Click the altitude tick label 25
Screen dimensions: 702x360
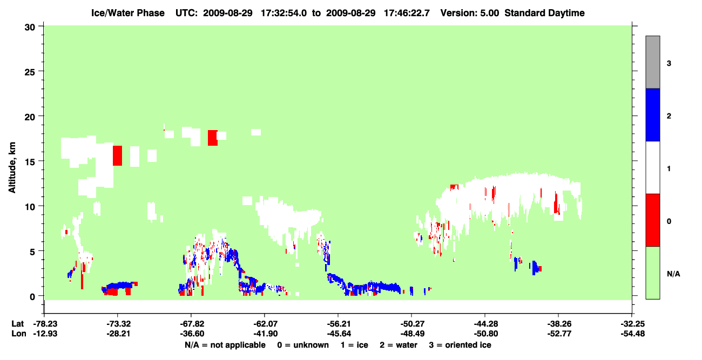pyautogui.click(x=30, y=72)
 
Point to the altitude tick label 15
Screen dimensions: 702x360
pyautogui.click(x=30, y=162)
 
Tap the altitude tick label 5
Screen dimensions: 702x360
pyautogui.click(x=32, y=252)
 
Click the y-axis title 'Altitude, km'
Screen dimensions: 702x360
pyautogui.click(x=12, y=168)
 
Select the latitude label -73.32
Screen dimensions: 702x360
pyautogui.click(x=118, y=324)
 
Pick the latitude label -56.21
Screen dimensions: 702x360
pyautogui.click(x=339, y=324)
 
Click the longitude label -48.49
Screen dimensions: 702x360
pyautogui.click(x=413, y=334)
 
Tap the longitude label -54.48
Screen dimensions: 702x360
pyautogui.click(x=633, y=334)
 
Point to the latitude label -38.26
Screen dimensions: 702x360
pyautogui.click(x=559, y=324)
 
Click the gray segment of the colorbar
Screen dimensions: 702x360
pyautogui.click(x=653, y=62)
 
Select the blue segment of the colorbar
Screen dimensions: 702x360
pyautogui.click(x=653, y=114)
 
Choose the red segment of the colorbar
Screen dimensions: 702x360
pyautogui.click(x=653, y=220)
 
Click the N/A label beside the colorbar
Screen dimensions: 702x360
pyautogui.click(x=673, y=274)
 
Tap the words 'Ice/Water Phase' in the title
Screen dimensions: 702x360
pyautogui.click(x=128, y=13)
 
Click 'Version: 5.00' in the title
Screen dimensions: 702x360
pyautogui.click(x=470, y=13)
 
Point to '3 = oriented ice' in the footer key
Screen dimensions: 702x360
pyautogui.click(x=460, y=345)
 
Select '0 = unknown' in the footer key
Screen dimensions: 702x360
pyautogui.click(x=303, y=345)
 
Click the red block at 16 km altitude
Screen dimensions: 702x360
pyautogui.click(x=118, y=156)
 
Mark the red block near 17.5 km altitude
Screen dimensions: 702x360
pyautogui.click(x=213, y=138)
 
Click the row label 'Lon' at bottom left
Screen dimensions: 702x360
pyautogui.click(x=19, y=334)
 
